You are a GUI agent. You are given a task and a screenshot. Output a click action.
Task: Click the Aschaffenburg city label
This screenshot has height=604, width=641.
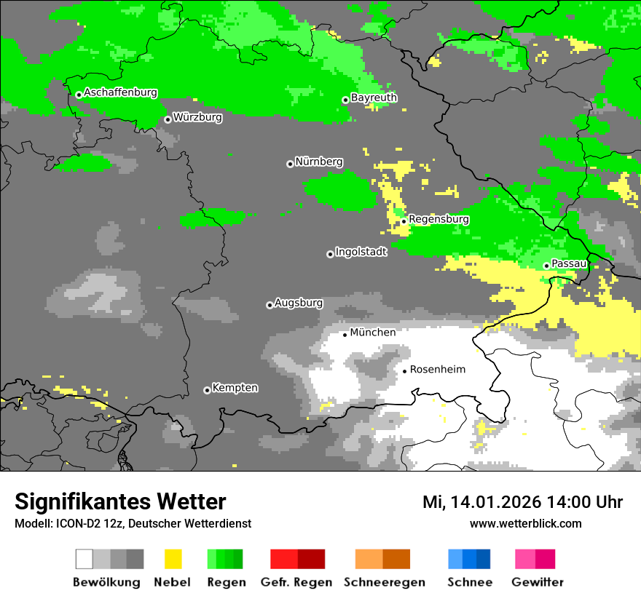click(120, 92)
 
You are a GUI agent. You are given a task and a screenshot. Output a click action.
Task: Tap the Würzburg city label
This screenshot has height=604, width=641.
click(197, 117)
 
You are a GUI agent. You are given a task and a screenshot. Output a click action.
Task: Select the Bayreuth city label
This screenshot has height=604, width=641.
click(374, 98)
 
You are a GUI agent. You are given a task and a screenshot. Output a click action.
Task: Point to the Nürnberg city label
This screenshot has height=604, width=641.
click(319, 162)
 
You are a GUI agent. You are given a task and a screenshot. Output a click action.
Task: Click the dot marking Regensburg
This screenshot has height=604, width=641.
click(404, 220)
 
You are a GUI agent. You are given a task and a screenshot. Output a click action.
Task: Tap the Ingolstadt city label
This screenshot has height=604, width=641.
click(361, 252)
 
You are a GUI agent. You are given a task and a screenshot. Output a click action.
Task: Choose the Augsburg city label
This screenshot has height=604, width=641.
click(299, 303)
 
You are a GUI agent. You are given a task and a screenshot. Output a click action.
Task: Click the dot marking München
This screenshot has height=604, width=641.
click(345, 335)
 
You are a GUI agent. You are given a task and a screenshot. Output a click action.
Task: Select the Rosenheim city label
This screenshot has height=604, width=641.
click(437, 370)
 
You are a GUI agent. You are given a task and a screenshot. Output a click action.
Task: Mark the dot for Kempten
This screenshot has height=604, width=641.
click(207, 390)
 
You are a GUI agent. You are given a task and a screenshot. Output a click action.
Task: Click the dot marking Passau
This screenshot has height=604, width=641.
click(546, 266)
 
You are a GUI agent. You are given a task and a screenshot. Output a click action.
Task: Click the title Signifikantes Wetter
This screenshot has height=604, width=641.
click(120, 502)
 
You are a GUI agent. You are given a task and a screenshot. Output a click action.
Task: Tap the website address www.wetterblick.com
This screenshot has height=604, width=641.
click(526, 524)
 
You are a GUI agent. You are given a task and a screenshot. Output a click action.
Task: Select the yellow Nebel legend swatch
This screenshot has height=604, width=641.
click(173, 559)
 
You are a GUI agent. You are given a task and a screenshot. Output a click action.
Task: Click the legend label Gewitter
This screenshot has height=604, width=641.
click(538, 582)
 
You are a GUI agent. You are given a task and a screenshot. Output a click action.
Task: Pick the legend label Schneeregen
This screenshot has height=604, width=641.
click(382, 582)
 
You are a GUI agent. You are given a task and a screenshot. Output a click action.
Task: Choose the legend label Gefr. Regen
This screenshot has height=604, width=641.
click(296, 582)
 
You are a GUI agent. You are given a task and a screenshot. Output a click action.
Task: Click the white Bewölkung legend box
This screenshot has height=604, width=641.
click(84, 559)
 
